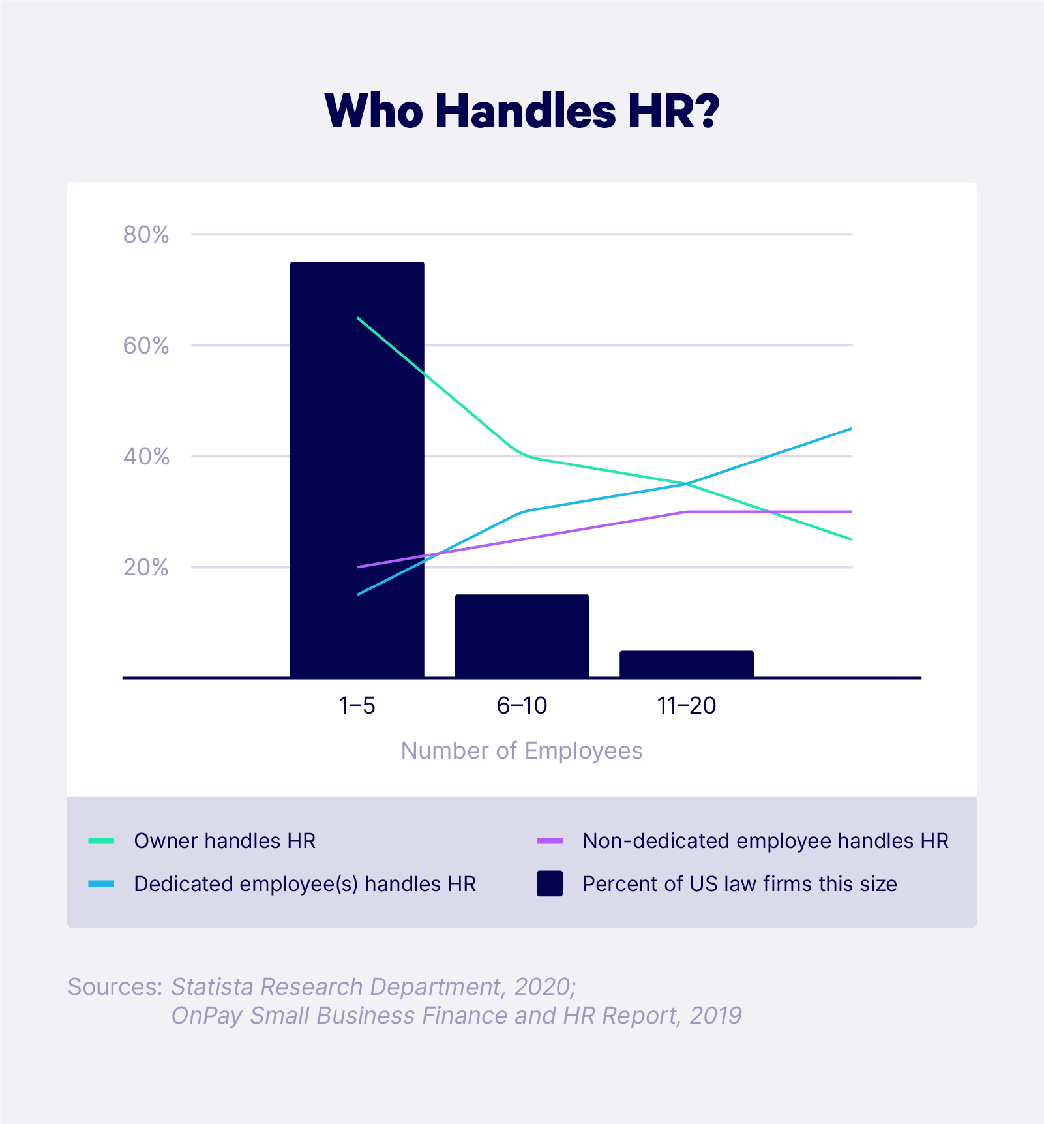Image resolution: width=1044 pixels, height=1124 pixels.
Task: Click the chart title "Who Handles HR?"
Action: pyautogui.click(x=522, y=111)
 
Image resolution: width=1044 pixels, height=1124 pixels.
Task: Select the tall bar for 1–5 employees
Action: pyautogui.click(x=357, y=470)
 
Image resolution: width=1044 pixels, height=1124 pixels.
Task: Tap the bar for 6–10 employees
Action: pyautogui.click(x=522, y=636)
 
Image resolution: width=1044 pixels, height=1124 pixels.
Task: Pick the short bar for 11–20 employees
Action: pyautogui.click(x=687, y=664)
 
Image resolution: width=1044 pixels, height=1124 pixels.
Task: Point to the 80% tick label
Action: pyautogui.click(x=146, y=235)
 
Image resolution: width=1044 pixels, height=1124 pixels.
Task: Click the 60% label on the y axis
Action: pyautogui.click(x=146, y=346)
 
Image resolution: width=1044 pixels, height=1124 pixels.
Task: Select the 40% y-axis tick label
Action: pyautogui.click(x=146, y=457)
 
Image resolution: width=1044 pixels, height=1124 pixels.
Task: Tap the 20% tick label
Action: pyautogui.click(x=146, y=568)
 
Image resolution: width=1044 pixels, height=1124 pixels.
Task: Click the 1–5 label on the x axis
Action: pyautogui.click(x=357, y=706)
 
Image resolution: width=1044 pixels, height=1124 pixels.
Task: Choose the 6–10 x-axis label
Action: pyautogui.click(x=522, y=706)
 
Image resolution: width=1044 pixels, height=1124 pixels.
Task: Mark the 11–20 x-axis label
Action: pyautogui.click(x=687, y=706)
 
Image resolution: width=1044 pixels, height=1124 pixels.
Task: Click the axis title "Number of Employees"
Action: pyautogui.click(x=522, y=751)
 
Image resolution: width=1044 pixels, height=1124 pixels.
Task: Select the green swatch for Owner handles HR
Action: pyautogui.click(x=101, y=841)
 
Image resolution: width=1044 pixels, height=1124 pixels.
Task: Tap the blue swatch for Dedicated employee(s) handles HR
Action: pyautogui.click(x=101, y=884)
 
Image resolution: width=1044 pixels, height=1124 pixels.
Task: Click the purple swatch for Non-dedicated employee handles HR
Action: pyautogui.click(x=550, y=841)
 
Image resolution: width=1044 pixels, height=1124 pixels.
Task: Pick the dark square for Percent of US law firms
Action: pyautogui.click(x=550, y=884)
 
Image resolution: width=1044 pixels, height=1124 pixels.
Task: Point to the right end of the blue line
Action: pyautogui.click(x=850, y=429)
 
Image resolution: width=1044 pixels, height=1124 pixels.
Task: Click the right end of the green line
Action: pyautogui.click(x=850, y=539)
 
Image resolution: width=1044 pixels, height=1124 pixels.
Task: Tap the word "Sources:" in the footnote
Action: pyautogui.click(x=115, y=986)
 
